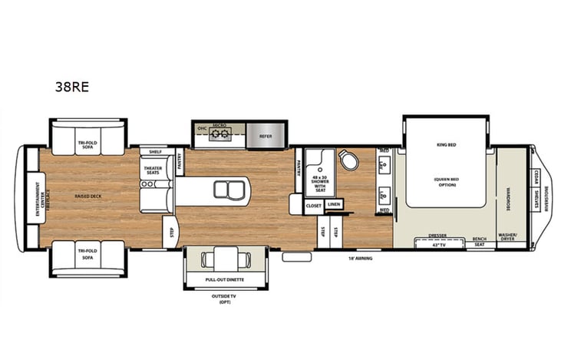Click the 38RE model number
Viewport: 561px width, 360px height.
click(x=71, y=87)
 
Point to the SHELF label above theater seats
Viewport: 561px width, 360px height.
click(x=156, y=152)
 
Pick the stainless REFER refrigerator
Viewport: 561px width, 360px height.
click(x=266, y=136)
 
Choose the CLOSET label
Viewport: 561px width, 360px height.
click(x=313, y=205)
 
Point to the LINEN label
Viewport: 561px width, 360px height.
click(x=333, y=205)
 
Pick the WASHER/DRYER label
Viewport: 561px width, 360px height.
click(x=507, y=236)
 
